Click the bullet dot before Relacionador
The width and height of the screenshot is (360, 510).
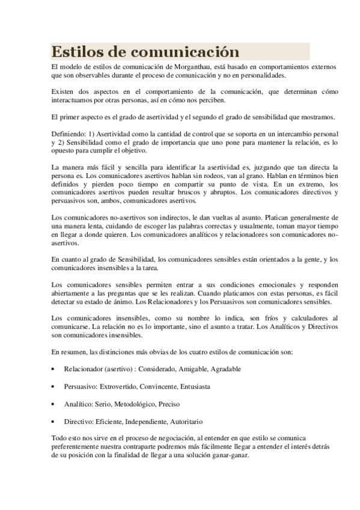54,369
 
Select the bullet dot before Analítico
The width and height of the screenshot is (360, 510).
54,404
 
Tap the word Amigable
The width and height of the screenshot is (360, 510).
177,369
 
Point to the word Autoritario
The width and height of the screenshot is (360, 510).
186,422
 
